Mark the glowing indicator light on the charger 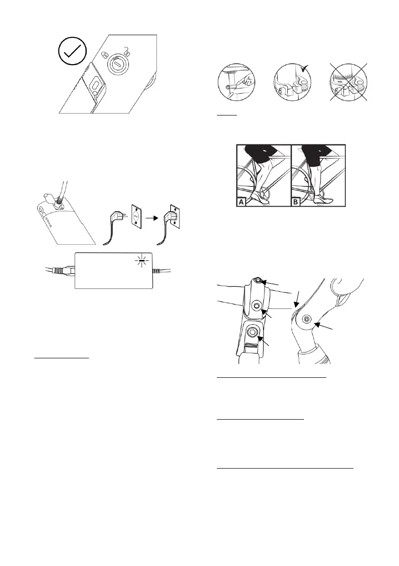(141, 261)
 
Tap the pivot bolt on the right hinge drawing (306, 319)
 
